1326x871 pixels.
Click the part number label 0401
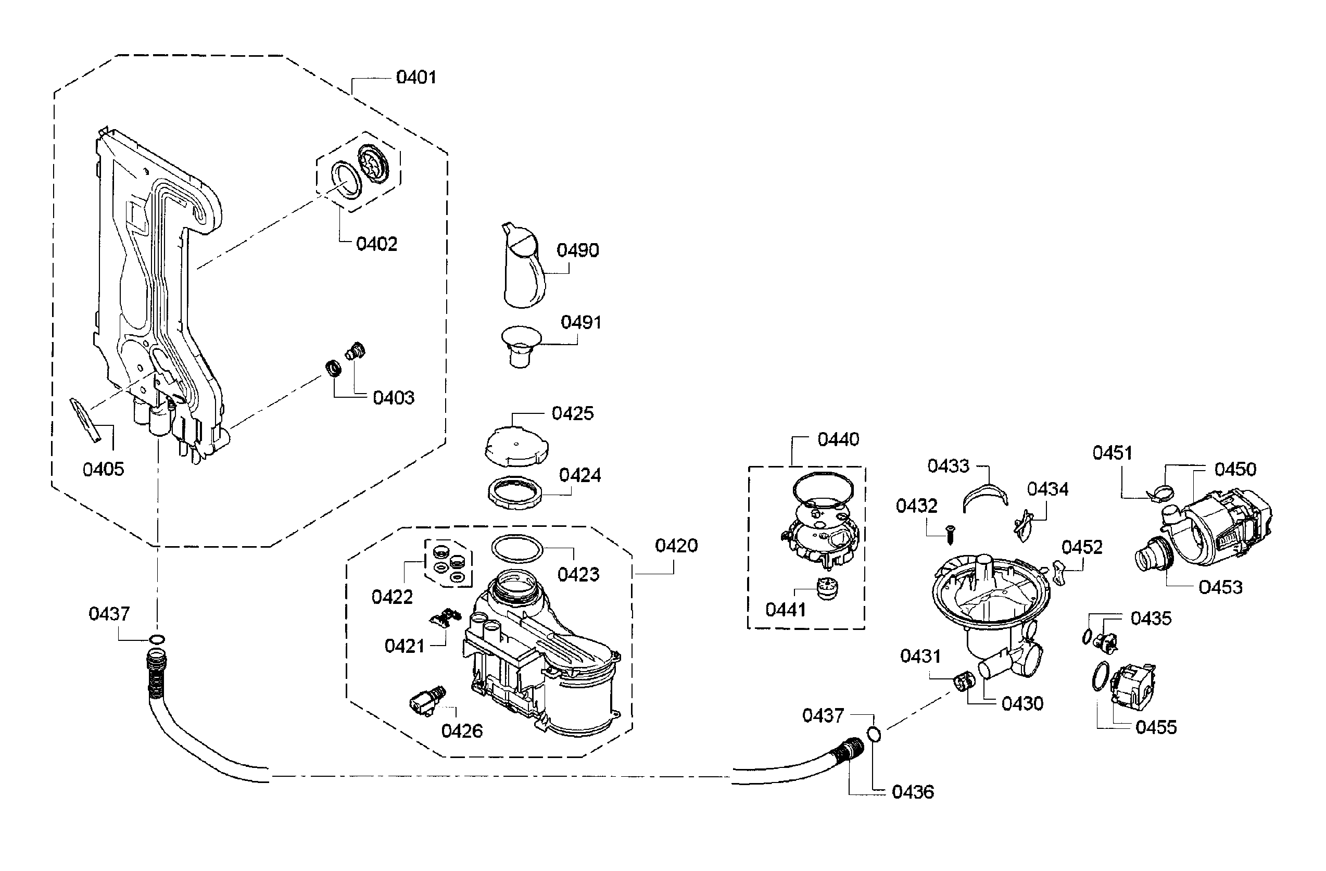[x=415, y=77]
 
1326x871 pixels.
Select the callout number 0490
[x=578, y=250]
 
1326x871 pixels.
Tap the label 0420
[x=676, y=546]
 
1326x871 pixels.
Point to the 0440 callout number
[x=838, y=440]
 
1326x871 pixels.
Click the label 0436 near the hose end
[x=913, y=792]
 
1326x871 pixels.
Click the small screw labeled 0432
[x=950, y=535]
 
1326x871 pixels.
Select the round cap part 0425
[x=516, y=447]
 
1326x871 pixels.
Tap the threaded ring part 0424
[x=515, y=493]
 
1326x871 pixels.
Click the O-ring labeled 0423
[x=517, y=548]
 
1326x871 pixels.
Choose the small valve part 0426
[x=427, y=700]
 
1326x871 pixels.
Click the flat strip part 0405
[x=86, y=419]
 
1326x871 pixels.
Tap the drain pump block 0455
[x=1133, y=687]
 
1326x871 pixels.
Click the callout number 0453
[x=1220, y=587]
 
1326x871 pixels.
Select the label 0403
[x=394, y=398]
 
